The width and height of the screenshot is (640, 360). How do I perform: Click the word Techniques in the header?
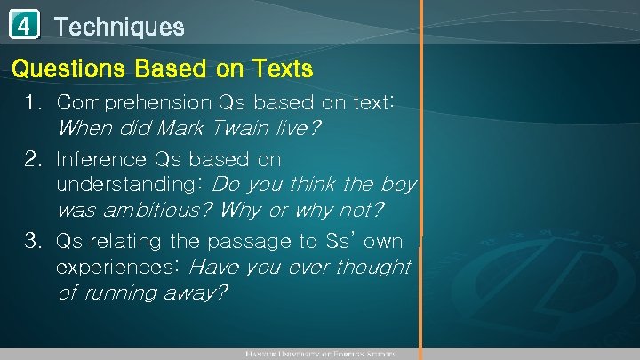pos(119,27)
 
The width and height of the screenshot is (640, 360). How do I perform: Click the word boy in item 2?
pos(397,186)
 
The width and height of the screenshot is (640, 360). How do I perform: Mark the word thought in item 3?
pos(379,267)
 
